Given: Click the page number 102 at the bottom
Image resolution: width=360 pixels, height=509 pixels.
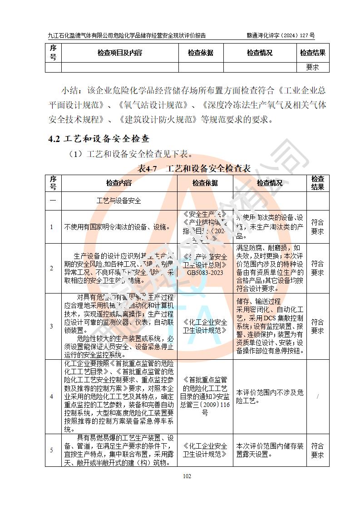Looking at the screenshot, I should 187,476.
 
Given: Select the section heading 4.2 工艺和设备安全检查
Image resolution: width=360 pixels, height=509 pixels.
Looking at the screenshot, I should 99,139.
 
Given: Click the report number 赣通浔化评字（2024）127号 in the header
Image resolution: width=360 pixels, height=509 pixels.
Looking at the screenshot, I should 281,35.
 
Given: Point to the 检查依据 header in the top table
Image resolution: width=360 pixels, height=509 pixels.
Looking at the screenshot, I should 201,53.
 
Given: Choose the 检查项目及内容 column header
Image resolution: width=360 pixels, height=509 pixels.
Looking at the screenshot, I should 119,53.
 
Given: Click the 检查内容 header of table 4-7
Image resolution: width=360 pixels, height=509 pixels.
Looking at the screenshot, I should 119,183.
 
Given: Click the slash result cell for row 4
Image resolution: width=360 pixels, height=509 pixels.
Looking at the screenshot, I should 317,396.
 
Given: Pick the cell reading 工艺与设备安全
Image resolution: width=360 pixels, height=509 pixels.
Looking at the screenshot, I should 119,201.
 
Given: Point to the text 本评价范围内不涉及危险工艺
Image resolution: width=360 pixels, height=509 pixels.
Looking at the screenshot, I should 270,396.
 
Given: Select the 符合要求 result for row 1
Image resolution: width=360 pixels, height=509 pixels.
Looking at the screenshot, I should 317,227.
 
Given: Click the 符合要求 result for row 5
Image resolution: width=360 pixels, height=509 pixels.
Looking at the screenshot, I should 317,450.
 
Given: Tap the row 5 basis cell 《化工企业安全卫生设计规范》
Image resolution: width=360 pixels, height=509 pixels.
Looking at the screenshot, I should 205,450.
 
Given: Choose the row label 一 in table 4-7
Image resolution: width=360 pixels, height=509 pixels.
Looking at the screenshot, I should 53,201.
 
